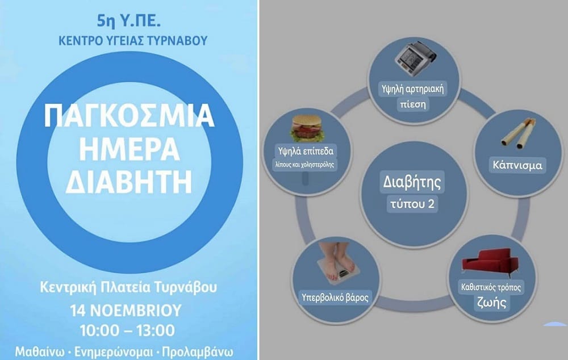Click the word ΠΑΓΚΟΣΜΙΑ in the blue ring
pos(130,116)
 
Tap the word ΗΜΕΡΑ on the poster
pos(130,149)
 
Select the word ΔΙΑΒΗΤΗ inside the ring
pos(130,182)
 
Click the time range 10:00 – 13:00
pos(130,330)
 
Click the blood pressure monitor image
pos(415,57)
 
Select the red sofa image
pos(489,263)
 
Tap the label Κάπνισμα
pos(517,166)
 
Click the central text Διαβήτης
pos(413,184)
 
